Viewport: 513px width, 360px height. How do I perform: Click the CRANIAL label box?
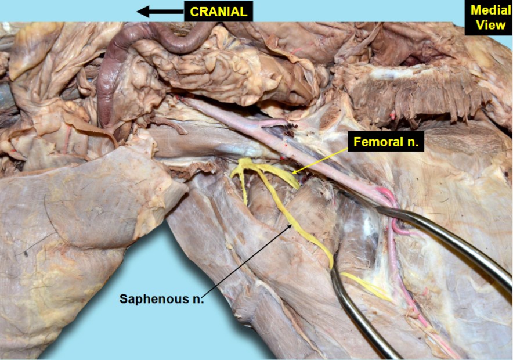218,12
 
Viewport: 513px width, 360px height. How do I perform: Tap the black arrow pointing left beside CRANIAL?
160,12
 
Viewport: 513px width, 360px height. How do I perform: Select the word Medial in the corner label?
490,10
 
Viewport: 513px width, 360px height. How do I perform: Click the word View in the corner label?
490,25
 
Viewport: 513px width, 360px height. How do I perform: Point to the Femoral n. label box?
386,142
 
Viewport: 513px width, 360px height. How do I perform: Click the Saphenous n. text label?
161,298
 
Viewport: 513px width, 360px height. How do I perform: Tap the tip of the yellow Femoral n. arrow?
291,172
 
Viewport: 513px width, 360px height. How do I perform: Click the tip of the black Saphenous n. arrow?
291,225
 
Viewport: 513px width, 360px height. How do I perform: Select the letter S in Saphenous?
123,298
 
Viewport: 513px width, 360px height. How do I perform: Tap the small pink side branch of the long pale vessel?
274,123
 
